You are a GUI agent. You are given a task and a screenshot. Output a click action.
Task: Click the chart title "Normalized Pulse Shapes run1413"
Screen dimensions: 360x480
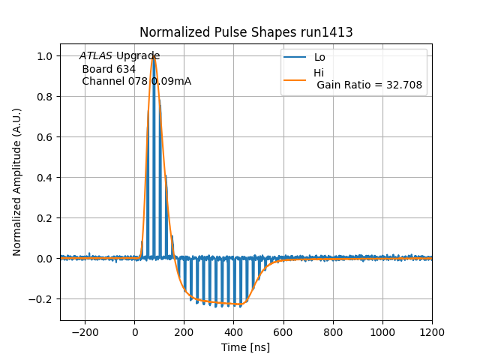246,32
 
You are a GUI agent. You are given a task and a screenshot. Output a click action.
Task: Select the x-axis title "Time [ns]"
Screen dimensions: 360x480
245,347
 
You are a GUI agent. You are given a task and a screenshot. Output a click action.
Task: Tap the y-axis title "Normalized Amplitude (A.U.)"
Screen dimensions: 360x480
17,182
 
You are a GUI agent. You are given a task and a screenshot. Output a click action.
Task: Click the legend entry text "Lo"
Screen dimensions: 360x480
319,57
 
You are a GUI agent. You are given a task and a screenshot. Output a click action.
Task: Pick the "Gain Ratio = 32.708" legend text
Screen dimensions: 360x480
370,85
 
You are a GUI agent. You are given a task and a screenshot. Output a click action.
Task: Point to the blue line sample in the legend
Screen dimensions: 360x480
295,57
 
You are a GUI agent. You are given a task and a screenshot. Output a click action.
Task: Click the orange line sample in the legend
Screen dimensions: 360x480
295,79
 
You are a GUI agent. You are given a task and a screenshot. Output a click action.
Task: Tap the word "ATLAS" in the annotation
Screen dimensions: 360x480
96,56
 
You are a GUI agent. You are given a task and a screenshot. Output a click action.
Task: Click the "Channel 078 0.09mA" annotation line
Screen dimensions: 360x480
136,82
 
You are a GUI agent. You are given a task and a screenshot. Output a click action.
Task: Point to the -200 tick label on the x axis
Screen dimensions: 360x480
85,331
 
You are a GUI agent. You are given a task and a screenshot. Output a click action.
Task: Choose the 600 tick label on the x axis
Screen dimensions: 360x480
283,331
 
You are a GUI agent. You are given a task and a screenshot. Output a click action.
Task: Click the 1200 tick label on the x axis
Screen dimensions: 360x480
432,331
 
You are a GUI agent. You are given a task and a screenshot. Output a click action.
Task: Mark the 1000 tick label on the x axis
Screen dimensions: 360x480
382,331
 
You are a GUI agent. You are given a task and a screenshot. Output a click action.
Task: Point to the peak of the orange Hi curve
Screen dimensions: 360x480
153,57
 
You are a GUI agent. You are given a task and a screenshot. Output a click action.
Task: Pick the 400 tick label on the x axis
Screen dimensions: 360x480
234,331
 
